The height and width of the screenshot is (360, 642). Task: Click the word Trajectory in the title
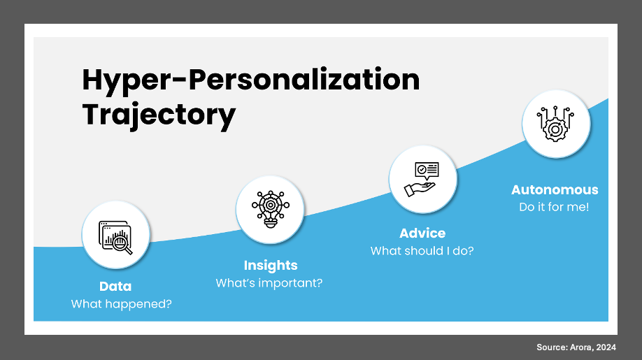tap(159, 115)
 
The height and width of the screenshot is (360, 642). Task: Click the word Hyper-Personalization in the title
tap(251, 80)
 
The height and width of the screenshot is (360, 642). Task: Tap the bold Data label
tap(115, 287)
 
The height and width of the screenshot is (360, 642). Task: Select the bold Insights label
tap(271, 266)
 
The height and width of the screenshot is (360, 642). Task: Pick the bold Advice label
tap(422, 233)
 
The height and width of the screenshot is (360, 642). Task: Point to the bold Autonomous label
tap(555, 190)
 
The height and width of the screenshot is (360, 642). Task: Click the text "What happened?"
tap(121, 304)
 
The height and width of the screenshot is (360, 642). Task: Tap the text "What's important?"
tap(269, 283)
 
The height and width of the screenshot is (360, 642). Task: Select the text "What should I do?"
tap(422, 251)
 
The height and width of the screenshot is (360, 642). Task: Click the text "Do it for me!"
tap(554, 207)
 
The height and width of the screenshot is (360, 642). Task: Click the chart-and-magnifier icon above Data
tap(115, 237)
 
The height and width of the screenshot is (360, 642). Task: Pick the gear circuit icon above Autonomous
tap(555, 124)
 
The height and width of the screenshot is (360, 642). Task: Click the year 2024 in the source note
tap(606, 347)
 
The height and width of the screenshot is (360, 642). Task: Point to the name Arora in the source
tap(581, 347)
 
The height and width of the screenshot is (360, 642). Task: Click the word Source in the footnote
tap(552, 347)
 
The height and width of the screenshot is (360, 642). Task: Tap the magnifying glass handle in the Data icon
tap(128, 250)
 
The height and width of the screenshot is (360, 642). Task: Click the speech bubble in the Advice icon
tap(427, 171)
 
